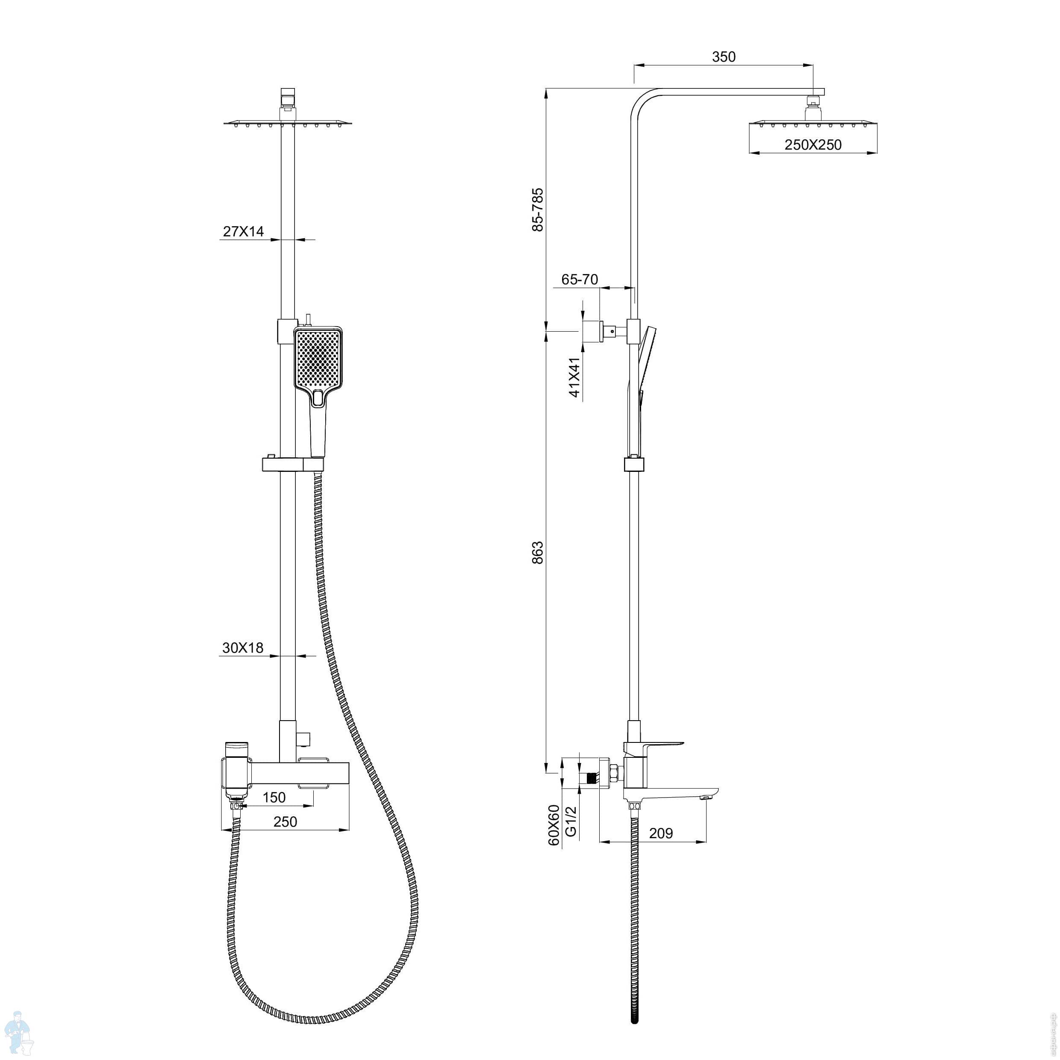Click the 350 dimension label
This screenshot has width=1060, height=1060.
[723, 56]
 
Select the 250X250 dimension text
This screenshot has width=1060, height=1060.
[813, 145]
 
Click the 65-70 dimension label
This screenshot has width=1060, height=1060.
[580, 279]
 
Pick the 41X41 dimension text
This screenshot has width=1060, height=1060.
[574, 377]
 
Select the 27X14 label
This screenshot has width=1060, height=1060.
[243, 232]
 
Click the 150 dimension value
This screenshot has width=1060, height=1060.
[274, 797]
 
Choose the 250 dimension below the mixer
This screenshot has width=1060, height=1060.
[285, 821]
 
